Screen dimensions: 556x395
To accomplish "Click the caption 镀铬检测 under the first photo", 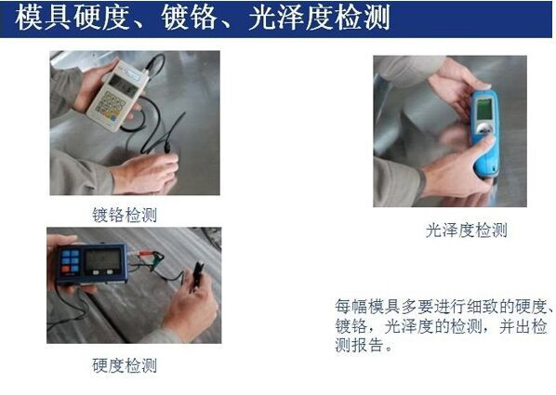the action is pos(125,215).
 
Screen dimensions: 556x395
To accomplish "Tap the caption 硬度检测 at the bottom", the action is pos(125,365).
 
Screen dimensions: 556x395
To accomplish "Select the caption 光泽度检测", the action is pos(467,230).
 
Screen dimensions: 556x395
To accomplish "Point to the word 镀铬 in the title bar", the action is pos(189,17).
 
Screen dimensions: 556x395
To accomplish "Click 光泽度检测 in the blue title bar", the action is pos(319,17).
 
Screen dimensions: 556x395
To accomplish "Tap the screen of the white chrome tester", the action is pos(123,86).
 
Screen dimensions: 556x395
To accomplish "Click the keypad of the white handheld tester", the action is pos(111,105).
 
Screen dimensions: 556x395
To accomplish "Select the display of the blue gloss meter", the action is pos(484,109).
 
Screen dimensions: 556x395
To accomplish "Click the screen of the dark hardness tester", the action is pos(103,259).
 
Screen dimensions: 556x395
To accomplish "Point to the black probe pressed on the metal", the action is pos(168,147).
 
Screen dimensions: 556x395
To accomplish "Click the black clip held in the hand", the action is pos(196,277).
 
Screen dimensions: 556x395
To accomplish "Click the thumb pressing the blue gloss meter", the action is pos(483,149).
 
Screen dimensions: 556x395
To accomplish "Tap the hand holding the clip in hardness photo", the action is pos(191,305).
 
